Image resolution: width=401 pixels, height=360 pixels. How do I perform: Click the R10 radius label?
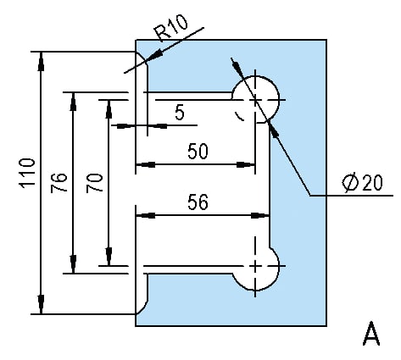point(171,27)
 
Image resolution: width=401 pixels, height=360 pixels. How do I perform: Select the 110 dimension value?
point(27,172)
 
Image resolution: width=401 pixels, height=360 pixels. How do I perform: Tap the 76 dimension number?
point(58,183)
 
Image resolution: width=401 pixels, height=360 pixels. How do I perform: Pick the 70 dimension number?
point(94,183)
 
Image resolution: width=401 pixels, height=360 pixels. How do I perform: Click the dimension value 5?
point(180,113)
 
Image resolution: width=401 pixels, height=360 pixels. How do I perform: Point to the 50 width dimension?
point(198,151)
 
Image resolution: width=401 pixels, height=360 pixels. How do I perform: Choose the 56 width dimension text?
point(198,202)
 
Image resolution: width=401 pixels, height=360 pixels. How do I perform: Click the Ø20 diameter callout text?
point(362,182)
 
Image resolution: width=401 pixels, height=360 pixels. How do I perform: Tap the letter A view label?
point(371,333)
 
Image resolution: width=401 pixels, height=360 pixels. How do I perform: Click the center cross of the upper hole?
point(255,100)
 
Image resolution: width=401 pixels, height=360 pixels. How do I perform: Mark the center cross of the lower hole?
point(255,266)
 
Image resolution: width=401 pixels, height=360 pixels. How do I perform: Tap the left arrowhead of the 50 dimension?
point(145,164)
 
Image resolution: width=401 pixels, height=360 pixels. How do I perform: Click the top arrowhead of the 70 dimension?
point(109,109)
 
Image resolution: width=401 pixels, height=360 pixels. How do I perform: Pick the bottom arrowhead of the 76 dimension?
point(73,264)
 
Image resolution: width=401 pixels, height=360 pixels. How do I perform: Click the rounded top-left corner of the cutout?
point(143,58)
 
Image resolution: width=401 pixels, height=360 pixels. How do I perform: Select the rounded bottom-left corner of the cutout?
point(143,307)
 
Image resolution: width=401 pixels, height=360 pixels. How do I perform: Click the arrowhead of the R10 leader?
point(154,56)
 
